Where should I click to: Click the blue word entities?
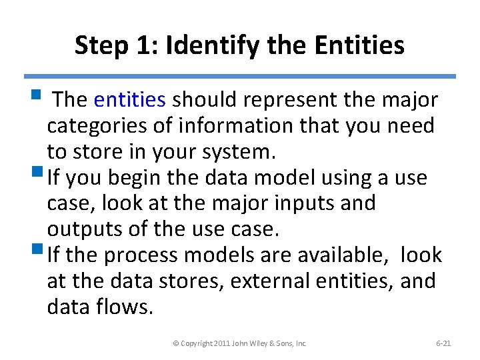pos(129,100)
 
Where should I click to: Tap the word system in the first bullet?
pos(241,152)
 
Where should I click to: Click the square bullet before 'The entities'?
pos(41,99)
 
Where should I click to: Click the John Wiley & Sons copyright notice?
pos(239,343)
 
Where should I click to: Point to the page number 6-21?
pos(443,343)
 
